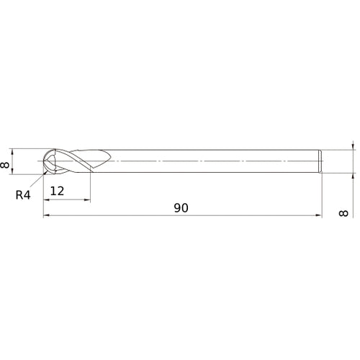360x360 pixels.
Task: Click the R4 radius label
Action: click(22, 192)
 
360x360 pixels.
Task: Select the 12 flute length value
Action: click(58, 191)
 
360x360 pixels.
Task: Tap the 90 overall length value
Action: click(181, 207)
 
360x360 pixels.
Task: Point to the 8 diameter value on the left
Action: click(6, 165)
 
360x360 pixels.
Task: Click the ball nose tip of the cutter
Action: click(45, 161)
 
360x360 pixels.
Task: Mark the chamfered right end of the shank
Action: click(320, 161)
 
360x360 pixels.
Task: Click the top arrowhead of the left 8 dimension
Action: click(14, 151)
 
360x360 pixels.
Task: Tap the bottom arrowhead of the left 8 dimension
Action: click(14, 171)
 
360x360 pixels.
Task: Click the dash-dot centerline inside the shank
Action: click(216, 161)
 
